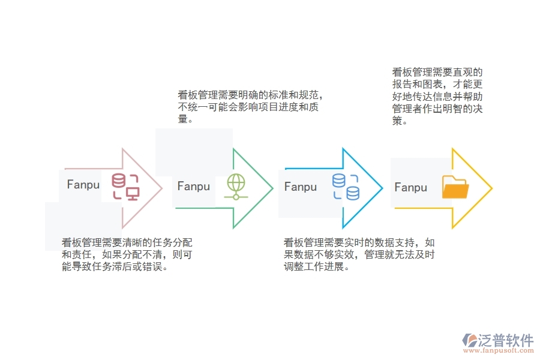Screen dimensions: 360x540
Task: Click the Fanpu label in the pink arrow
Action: (83, 185)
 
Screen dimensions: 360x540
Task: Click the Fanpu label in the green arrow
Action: (194, 187)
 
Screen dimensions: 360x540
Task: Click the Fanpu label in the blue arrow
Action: (301, 187)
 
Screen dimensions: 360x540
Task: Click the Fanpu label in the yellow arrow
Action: (411, 188)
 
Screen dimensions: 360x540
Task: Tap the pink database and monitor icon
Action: (125, 186)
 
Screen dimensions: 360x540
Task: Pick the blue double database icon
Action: (346, 187)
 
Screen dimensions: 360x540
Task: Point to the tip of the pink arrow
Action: (162, 188)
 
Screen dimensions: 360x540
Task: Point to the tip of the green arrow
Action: (273, 188)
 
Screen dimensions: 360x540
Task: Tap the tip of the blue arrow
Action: (383, 188)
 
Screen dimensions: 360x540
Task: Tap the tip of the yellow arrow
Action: (492, 188)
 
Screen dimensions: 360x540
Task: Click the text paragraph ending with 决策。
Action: (437, 97)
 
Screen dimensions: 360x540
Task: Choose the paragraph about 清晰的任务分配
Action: (127, 254)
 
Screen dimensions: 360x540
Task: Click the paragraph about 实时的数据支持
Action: (359, 254)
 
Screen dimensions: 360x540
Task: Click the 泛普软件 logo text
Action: (505, 340)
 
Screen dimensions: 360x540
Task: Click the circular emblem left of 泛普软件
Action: (469, 341)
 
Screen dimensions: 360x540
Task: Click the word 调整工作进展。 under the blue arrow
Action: (316, 266)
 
